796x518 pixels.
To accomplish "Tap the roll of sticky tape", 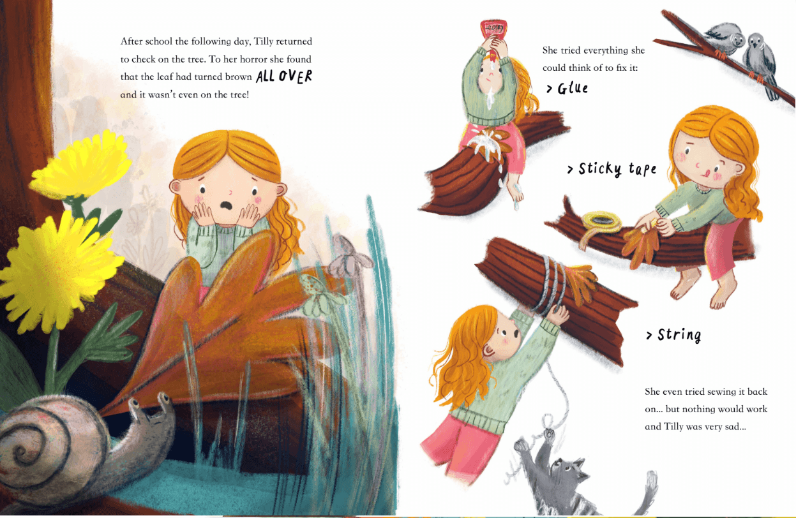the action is click(601, 223).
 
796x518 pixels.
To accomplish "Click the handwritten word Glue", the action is click(573, 89).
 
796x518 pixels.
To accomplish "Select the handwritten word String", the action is click(679, 335).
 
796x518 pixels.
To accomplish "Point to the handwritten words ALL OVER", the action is click(284, 76).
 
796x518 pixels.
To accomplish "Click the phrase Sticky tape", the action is click(617, 169).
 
